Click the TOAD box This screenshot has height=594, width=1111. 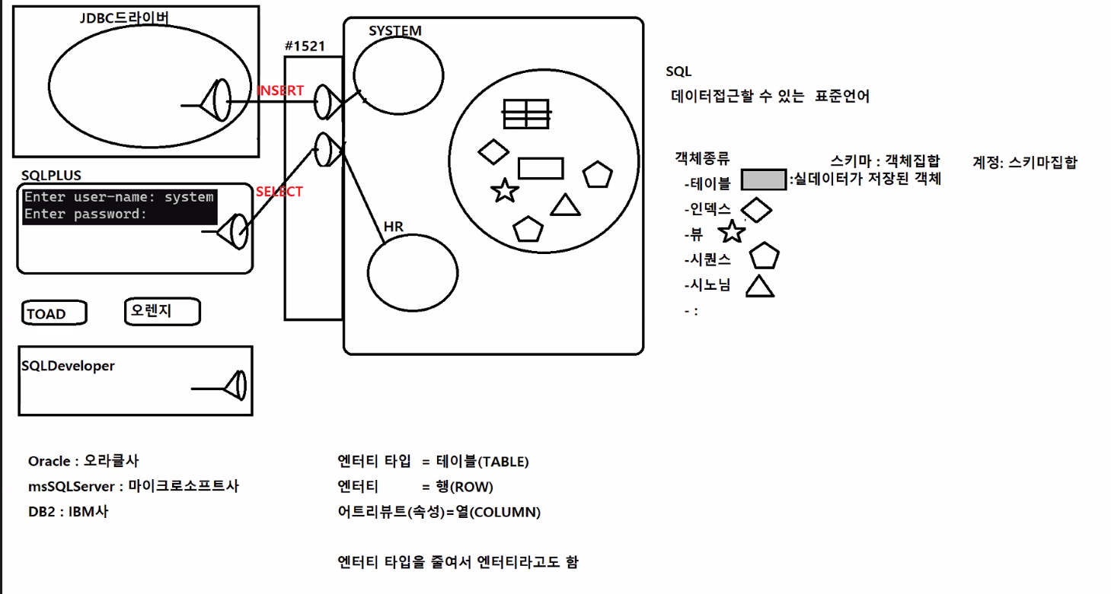54,313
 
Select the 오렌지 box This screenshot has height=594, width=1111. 161,311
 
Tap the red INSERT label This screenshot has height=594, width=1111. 281,91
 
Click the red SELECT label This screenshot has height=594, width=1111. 279,192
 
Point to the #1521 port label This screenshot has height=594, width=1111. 305,46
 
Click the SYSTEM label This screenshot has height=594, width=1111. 394,30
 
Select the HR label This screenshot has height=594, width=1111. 393,227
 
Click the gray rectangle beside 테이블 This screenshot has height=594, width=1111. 763,180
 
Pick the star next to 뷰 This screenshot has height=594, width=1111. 732,233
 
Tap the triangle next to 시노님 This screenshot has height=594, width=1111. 759,287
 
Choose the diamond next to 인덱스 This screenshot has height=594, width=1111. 756,210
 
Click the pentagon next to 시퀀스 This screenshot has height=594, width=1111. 764,257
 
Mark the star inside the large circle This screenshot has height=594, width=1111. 504,191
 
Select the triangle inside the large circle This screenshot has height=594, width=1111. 565,205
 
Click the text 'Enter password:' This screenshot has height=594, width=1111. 85,214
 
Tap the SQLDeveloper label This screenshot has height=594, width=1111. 69,366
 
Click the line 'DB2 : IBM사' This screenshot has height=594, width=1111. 68,511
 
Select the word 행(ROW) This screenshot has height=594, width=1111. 464,487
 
